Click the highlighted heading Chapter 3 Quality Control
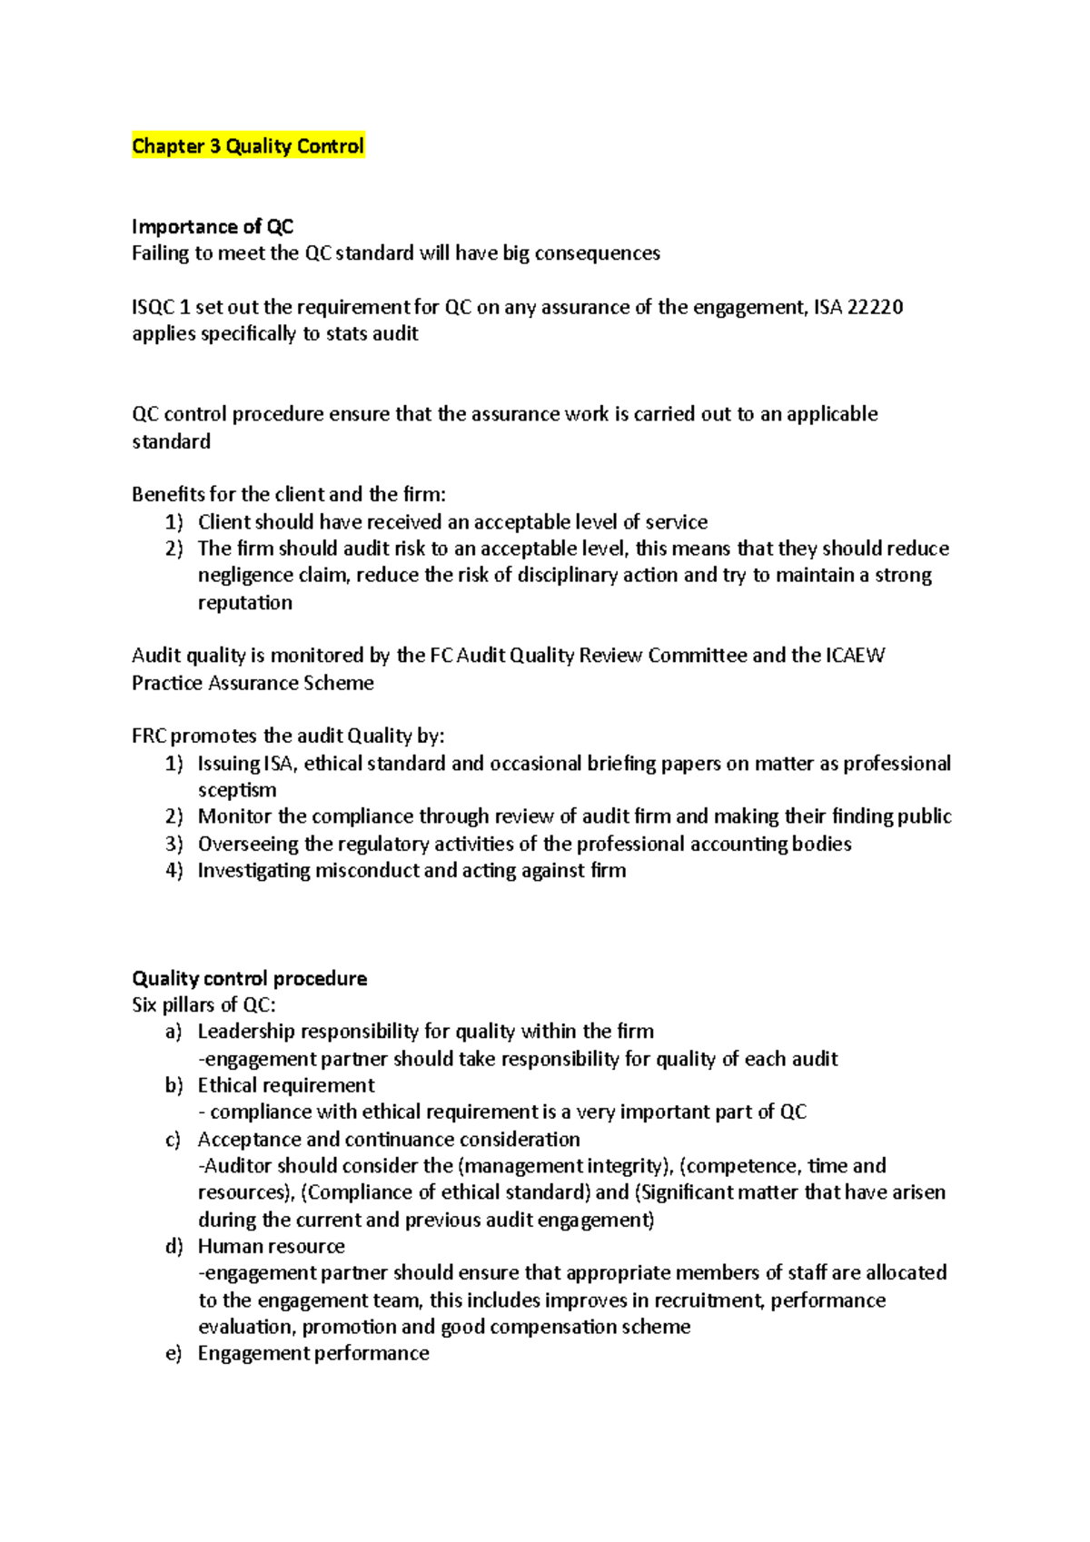point(248,146)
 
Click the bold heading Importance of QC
point(212,226)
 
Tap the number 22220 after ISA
point(874,307)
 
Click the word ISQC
point(153,307)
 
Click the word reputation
point(245,602)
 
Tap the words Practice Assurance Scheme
point(253,683)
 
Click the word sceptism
point(237,790)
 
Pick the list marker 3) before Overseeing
point(174,844)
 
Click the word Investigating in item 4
point(253,871)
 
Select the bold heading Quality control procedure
point(249,978)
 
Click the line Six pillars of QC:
point(203,1004)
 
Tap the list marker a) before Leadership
point(173,1032)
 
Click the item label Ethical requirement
point(286,1085)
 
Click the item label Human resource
point(271,1246)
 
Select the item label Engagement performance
point(313,1353)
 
